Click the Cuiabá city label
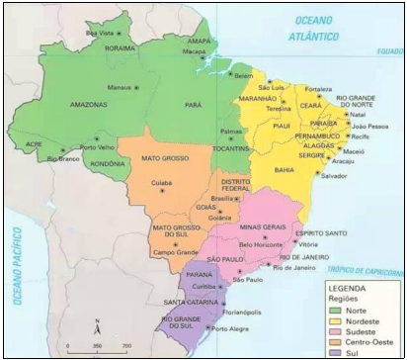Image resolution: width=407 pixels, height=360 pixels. [163, 182]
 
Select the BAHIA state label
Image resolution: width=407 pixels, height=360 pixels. [285, 170]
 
